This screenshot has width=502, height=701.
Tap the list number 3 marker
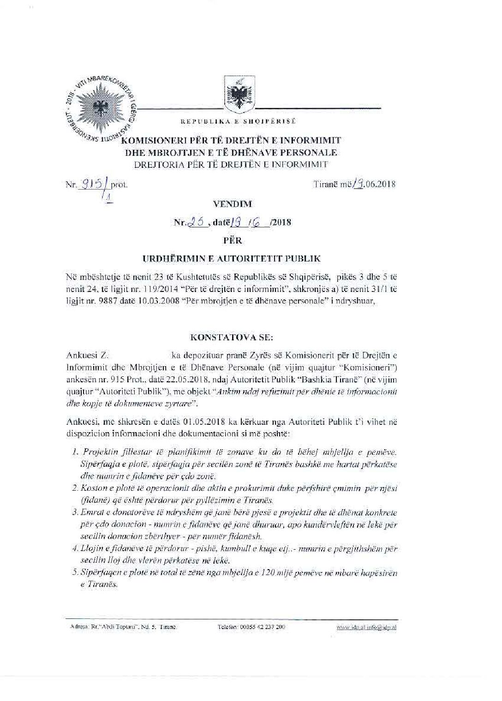[75, 512]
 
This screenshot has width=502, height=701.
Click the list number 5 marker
[75, 573]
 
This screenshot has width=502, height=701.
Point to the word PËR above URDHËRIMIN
[234, 240]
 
